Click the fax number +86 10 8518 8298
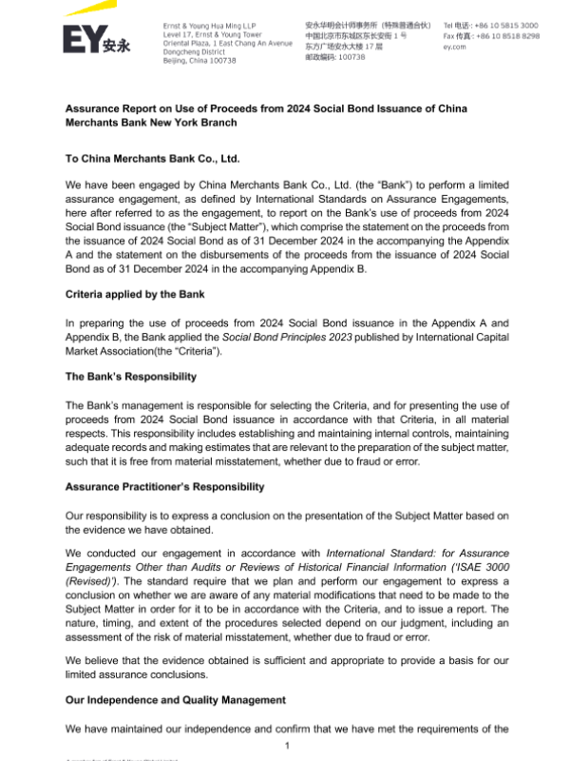click(x=504, y=36)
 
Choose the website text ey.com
click(x=455, y=47)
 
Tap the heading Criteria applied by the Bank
click(x=135, y=295)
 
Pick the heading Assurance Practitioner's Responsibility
click(x=164, y=487)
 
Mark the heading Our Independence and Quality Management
click(x=175, y=700)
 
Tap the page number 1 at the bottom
click(x=286, y=745)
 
